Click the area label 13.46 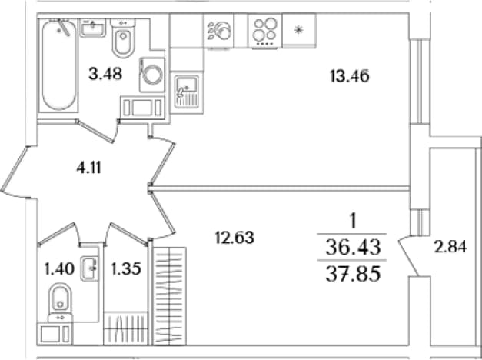[x=350, y=76]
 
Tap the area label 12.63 [x=234, y=238]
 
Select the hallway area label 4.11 [x=89, y=168]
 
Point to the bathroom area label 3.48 [x=105, y=74]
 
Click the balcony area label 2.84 [x=450, y=247]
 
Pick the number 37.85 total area [x=353, y=274]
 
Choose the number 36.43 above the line [x=353, y=247]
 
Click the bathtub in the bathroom [x=58, y=65]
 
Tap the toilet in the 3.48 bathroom [x=123, y=38]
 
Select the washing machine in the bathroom [x=152, y=75]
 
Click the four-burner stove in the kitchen [x=264, y=31]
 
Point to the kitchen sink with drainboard [x=187, y=92]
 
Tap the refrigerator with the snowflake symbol [x=299, y=31]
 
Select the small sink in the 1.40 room [x=90, y=268]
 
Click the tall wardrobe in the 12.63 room [x=169, y=295]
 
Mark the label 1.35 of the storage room [x=126, y=268]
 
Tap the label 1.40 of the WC [x=59, y=268]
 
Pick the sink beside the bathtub [x=93, y=28]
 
